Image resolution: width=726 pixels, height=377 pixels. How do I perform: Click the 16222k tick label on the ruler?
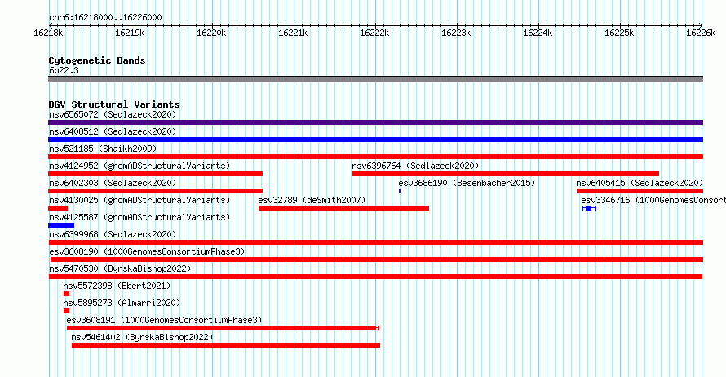(x=374, y=33)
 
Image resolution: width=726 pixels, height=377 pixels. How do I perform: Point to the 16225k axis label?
(x=619, y=33)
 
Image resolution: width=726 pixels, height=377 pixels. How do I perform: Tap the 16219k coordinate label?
(x=130, y=33)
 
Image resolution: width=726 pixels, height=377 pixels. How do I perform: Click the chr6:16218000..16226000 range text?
(x=105, y=18)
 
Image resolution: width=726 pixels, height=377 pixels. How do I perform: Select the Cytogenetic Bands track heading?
(x=97, y=60)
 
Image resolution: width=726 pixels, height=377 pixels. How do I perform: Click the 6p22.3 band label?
(x=64, y=70)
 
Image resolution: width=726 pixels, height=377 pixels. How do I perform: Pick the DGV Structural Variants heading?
(x=114, y=104)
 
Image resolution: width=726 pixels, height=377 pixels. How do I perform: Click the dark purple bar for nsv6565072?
(x=375, y=122)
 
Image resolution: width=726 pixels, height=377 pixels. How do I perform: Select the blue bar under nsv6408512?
(x=375, y=140)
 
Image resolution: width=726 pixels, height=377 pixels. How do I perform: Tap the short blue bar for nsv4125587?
(x=61, y=225)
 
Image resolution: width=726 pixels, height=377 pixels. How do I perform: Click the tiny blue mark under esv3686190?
(x=400, y=191)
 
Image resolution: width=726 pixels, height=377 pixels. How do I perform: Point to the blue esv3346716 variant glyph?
(x=589, y=208)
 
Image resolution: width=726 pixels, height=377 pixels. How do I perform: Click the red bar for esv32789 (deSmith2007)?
(x=343, y=208)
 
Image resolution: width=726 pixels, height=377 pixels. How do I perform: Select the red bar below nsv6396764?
(x=506, y=174)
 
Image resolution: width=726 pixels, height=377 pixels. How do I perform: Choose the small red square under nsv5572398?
(x=66, y=294)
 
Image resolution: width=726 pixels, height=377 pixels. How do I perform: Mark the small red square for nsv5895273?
(x=66, y=311)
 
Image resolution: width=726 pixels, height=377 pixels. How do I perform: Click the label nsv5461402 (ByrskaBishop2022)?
(x=142, y=337)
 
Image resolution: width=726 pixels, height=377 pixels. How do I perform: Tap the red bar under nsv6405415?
(x=640, y=191)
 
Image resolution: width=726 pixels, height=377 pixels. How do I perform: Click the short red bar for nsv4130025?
(x=58, y=208)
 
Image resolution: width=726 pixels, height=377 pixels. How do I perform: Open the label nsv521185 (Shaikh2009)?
(x=103, y=149)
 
